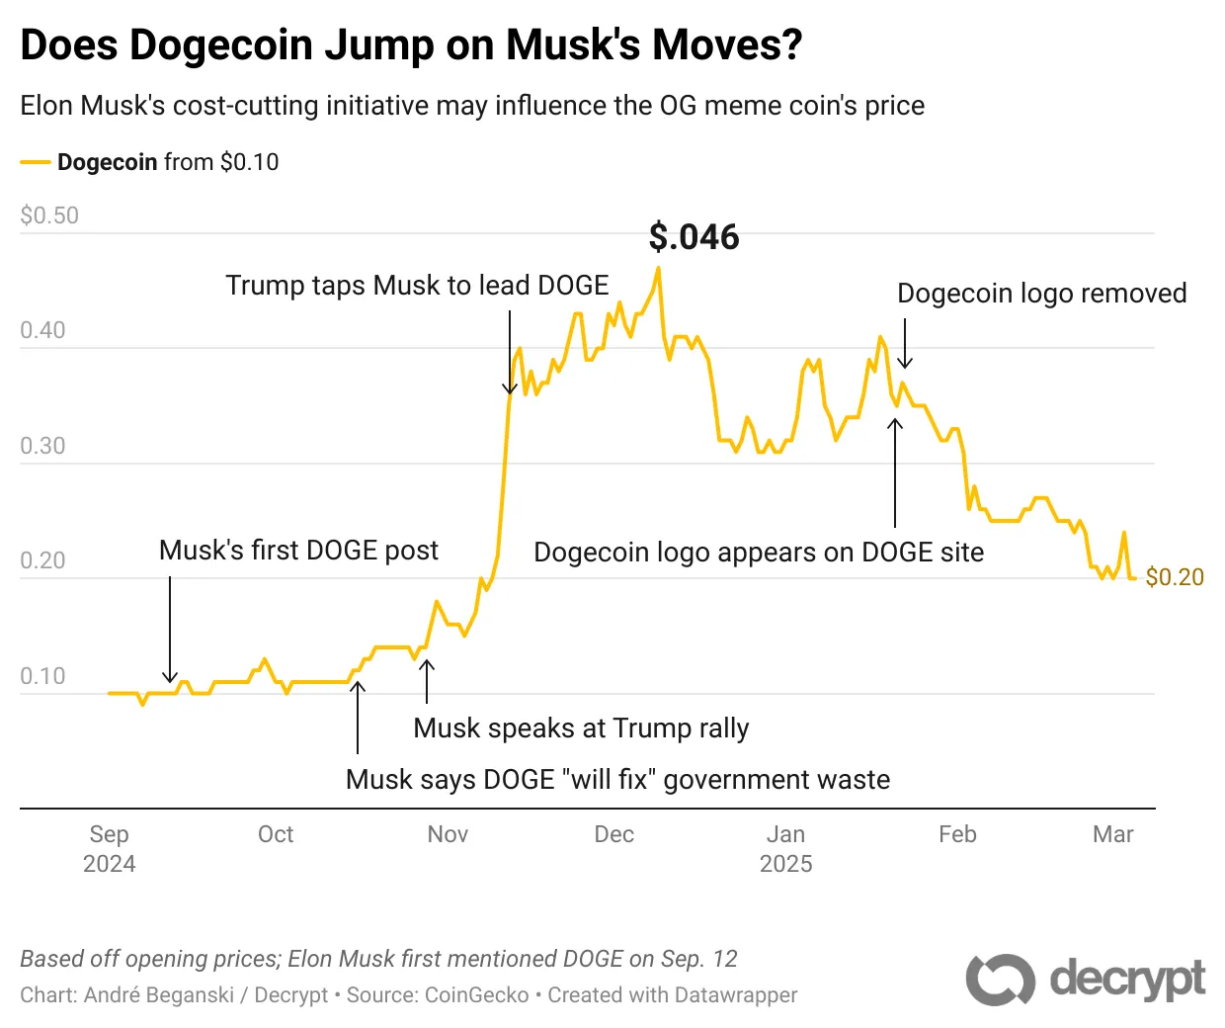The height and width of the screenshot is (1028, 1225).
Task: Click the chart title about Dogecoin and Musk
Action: click(x=411, y=44)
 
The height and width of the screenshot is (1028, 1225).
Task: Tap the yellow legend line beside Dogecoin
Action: click(x=35, y=162)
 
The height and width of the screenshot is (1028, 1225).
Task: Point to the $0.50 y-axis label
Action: click(x=49, y=215)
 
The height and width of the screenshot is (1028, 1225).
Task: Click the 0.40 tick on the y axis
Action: click(x=42, y=330)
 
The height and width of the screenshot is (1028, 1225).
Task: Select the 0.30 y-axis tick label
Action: click(x=42, y=446)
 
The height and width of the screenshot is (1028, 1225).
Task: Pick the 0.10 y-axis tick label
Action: click(x=42, y=676)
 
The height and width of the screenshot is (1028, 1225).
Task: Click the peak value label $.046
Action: click(x=694, y=237)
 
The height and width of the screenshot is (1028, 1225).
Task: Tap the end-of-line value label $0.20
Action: click(x=1175, y=577)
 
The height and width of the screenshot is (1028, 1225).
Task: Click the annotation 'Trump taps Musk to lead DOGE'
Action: click(x=417, y=286)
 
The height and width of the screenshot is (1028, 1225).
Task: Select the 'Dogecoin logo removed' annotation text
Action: click(x=1041, y=294)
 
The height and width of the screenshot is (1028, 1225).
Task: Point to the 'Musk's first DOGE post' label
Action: click(x=298, y=551)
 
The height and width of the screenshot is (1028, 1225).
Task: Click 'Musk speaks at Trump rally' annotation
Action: click(x=581, y=728)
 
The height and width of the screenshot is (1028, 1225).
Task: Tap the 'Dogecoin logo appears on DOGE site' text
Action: click(x=759, y=553)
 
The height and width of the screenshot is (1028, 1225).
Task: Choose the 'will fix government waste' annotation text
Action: click(x=617, y=780)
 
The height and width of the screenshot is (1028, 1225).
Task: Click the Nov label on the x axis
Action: click(x=448, y=834)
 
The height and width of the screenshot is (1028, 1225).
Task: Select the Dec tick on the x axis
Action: click(x=613, y=834)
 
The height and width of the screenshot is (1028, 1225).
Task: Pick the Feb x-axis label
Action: click(x=957, y=834)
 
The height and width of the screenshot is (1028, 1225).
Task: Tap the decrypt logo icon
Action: click(x=1000, y=980)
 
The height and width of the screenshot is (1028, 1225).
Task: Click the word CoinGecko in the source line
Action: click(x=476, y=995)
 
